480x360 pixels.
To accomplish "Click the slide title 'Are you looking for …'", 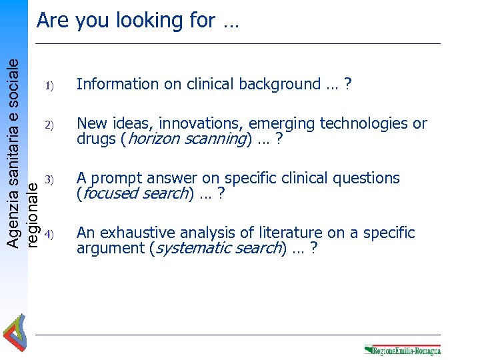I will pos(138,21).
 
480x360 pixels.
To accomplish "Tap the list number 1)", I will pos(48,85).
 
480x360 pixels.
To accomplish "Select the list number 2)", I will pos(48,125).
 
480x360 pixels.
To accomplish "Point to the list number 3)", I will pos(48,179).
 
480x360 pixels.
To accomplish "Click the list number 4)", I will pos(48,234).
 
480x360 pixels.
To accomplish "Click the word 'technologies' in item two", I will pos(365,124).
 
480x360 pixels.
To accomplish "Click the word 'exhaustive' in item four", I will pos(137,233).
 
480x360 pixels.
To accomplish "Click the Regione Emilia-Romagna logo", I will pos(402,349).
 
